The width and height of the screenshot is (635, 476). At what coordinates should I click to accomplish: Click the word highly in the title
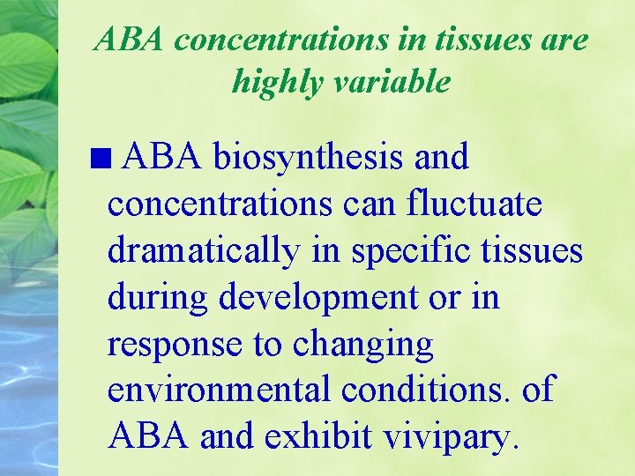[x=273, y=83]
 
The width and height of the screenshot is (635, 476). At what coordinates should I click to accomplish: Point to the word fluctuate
[x=474, y=205]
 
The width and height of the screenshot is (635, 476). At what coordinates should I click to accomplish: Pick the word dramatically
[x=203, y=251]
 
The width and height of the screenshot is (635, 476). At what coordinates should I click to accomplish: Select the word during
[x=158, y=297]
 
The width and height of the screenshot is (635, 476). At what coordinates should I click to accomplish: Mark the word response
[x=174, y=345]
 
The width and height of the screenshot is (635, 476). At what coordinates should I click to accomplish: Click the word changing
[x=363, y=345]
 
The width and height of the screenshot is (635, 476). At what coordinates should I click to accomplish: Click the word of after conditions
[x=538, y=389]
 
